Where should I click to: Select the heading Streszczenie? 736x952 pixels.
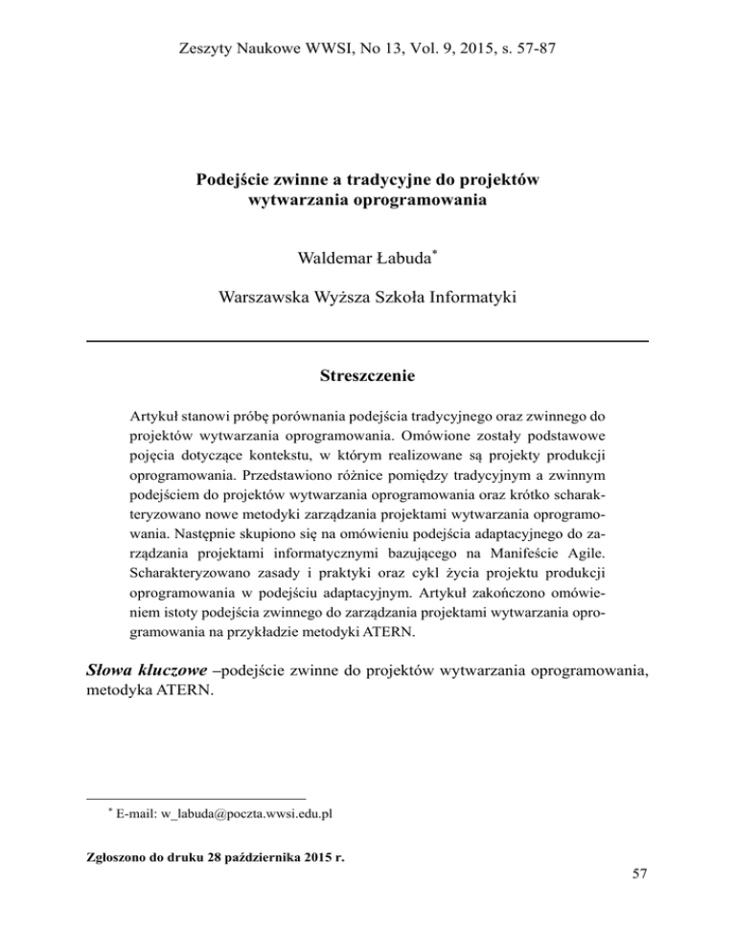(x=367, y=376)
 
